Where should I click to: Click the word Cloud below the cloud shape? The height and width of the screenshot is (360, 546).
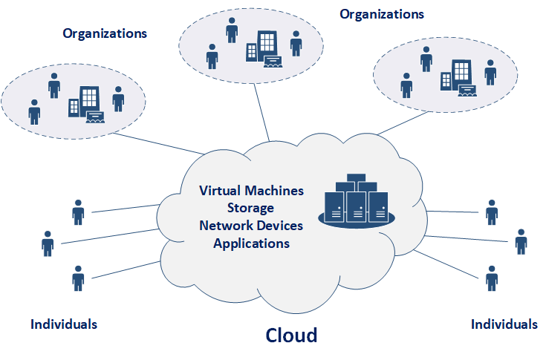pos(291,335)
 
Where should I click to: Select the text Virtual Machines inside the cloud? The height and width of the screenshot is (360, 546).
pos(251,190)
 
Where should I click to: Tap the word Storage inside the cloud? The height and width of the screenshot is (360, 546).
pos(251,208)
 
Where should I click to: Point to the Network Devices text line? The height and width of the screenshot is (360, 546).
pos(251,225)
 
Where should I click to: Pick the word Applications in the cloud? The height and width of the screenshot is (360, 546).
pos(251,243)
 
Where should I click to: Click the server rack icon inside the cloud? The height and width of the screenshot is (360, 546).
pos(357,199)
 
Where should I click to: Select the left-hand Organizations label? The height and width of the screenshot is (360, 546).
pos(105,33)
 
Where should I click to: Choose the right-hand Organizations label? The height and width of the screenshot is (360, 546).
pos(382,14)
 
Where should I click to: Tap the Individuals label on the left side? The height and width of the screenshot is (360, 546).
pos(64,324)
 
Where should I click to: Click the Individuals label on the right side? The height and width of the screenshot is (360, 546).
pos(504,324)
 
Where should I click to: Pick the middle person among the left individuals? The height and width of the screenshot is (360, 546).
pos(48,243)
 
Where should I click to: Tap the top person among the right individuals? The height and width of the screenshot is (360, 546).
pos(491,212)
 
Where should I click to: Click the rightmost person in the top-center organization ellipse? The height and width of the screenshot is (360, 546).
pos(296,43)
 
